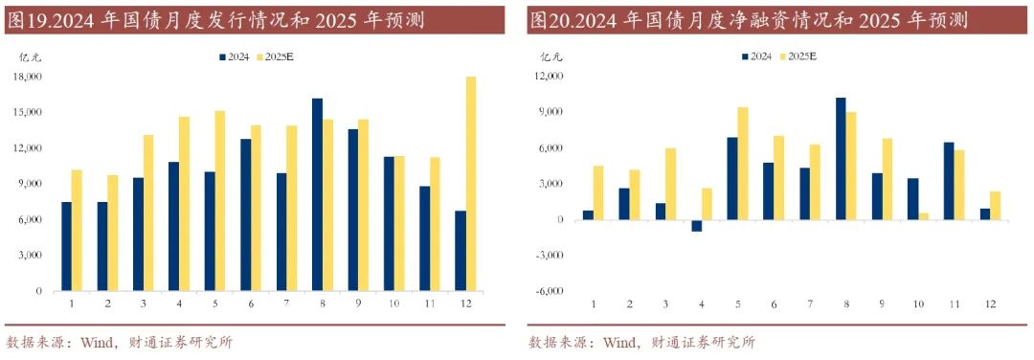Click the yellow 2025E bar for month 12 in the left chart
(x=470, y=183)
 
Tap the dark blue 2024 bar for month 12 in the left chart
(x=460, y=251)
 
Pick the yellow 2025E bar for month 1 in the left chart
(x=78, y=230)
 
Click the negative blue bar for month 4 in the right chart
(x=697, y=226)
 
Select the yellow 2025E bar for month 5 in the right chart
(x=743, y=164)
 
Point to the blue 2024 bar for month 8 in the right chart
(x=841, y=159)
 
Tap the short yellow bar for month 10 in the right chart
(x=924, y=216)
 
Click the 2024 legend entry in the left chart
(x=235, y=57)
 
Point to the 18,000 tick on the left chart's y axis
(x=29, y=77)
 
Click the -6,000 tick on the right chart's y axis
(x=549, y=291)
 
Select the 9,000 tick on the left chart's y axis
(x=31, y=184)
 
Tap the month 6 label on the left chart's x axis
(x=251, y=304)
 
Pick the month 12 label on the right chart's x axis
(x=989, y=304)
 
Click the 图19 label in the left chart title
(x=29, y=19)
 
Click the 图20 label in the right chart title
(x=551, y=19)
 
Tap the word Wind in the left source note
(x=102, y=342)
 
